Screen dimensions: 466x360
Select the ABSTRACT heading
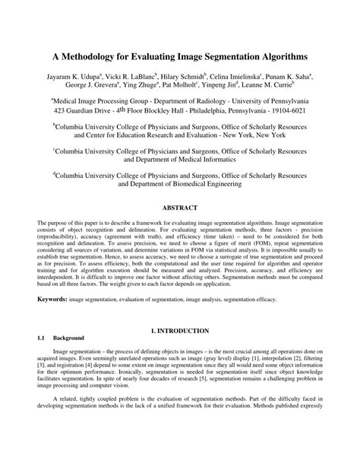point(180,208)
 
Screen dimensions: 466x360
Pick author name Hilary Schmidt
point(180,77)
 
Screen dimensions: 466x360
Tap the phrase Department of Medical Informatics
point(180,160)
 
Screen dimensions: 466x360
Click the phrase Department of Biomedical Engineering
point(180,183)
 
